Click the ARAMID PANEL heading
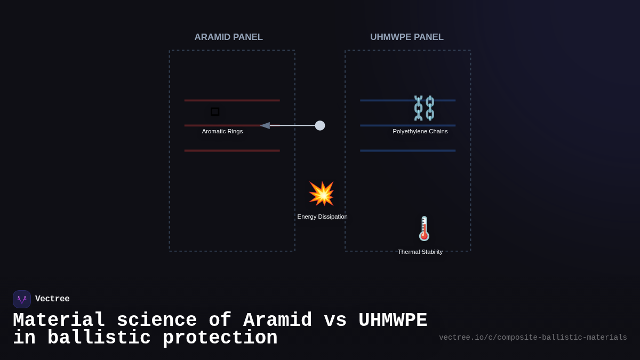[x=228, y=37]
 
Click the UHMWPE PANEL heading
[x=407, y=37]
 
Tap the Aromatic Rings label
[x=222, y=131]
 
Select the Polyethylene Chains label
[x=420, y=131]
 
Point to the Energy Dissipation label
[x=322, y=217]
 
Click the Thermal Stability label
[x=420, y=252]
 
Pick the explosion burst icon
[x=321, y=194]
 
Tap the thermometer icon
[x=424, y=228]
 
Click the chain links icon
[x=424, y=108]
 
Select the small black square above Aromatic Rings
[x=215, y=111]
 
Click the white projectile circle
[x=320, y=125]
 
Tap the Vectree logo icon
[x=22, y=299]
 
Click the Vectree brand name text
[x=52, y=299]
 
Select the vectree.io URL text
[x=533, y=338]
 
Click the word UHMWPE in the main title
[x=393, y=321]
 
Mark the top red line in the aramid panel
[x=232, y=100]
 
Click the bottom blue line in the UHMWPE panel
[x=407, y=150]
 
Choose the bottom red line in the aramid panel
[x=232, y=150]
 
